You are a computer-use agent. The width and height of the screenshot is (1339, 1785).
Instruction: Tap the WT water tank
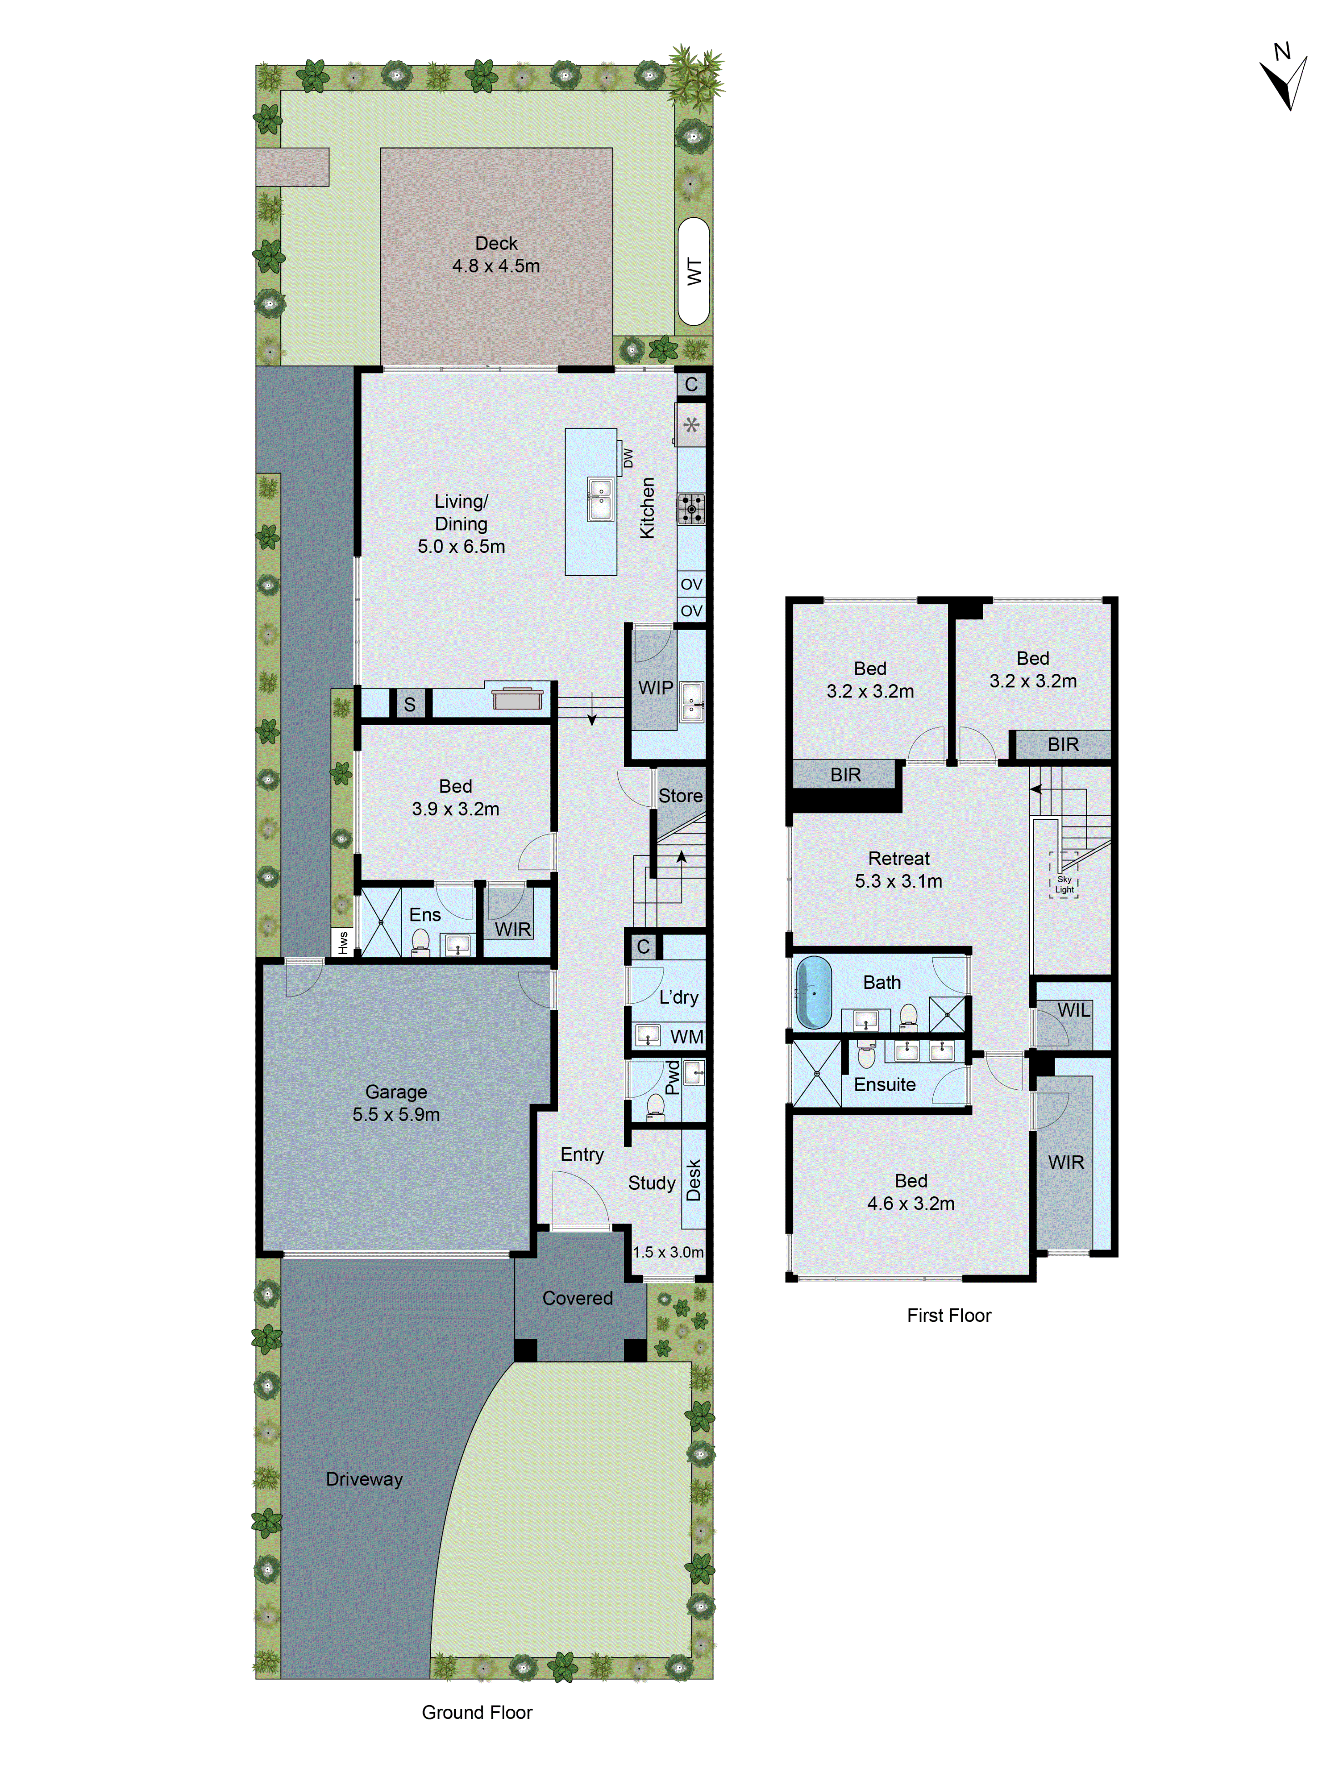(x=693, y=271)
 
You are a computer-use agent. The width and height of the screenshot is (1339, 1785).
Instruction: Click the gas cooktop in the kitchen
(x=691, y=508)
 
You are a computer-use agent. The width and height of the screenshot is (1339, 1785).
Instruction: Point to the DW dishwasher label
(x=628, y=457)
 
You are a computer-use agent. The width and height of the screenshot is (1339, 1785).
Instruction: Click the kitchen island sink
(x=600, y=499)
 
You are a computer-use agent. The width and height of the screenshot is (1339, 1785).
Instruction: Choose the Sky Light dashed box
(x=1064, y=875)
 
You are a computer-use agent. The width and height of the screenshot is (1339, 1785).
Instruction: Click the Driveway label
(x=364, y=1478)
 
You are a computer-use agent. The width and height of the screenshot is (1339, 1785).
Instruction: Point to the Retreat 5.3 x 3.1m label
(x=898, y=869)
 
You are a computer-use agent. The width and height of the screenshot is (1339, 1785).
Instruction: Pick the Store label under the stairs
(x=680, y=796)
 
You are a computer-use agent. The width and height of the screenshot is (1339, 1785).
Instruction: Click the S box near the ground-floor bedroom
(x=409, y=704)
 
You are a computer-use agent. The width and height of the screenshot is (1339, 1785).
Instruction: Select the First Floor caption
(x=948, y=1316)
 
